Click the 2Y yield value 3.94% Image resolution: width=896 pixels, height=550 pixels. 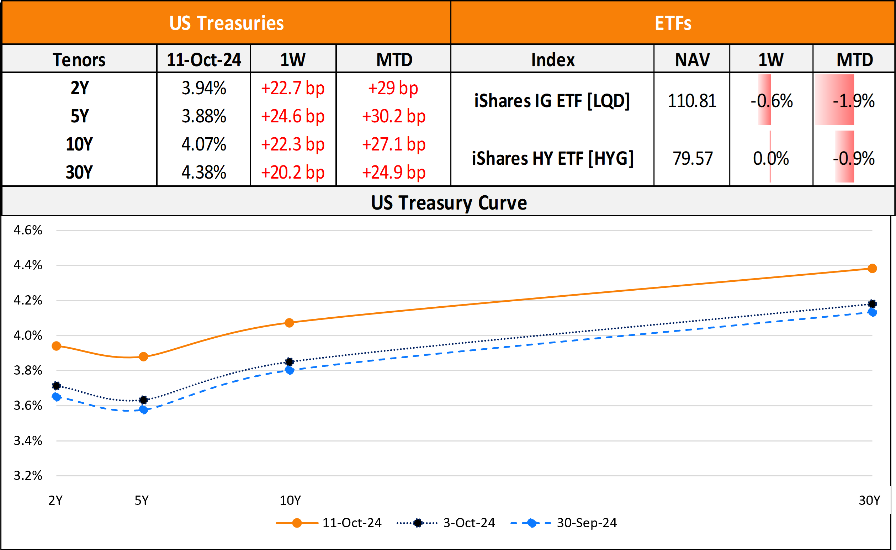pyautogui.click(x=203, y=88)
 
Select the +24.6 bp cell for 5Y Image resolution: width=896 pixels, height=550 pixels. pyautogui.click(x=293, y=116)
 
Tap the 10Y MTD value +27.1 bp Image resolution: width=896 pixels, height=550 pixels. pyautogui.click(x=393, y=144)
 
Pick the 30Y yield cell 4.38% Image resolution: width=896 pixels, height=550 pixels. pyautogui.click(x=203, y=173)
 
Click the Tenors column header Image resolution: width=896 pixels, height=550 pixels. pyautogui.click(x=79, y=60)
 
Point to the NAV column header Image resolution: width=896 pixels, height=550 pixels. pyautogui.click(x=692, y=60)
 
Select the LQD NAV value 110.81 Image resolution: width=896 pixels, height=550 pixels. pyautogui.click(x=691, y=101)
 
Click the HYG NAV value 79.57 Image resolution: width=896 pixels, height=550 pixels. pyautogui.click(x=692, y=159)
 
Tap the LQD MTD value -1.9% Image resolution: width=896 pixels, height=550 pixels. pyautogui.click(x=853, y=101)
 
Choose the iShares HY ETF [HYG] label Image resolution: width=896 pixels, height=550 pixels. pyautogui.click(x=552, y=159)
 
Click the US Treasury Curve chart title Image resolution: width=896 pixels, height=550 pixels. pyautogui.click(x=449, y=203)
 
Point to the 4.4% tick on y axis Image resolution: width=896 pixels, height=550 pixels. pyautogui.click(x=28, y=265)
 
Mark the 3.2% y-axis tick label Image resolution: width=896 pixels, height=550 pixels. pyautogui.click(x=28, y=476)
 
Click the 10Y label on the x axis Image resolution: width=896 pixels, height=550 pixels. pyautogui.click(x=290, y=501)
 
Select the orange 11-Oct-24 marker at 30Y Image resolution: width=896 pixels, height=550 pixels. pyautogui.click(x=872, y=269)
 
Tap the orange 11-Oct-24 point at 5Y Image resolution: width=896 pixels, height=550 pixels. pyautogui.click(x=143, y=356)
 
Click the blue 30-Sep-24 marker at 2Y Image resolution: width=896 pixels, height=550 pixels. pyautogui.click(x=56, y=397)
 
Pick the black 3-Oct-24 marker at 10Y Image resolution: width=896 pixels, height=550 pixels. pyautogui.click(x=290, y=361)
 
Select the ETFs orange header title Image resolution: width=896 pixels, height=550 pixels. pyautogui.click(x=673, y=23)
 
